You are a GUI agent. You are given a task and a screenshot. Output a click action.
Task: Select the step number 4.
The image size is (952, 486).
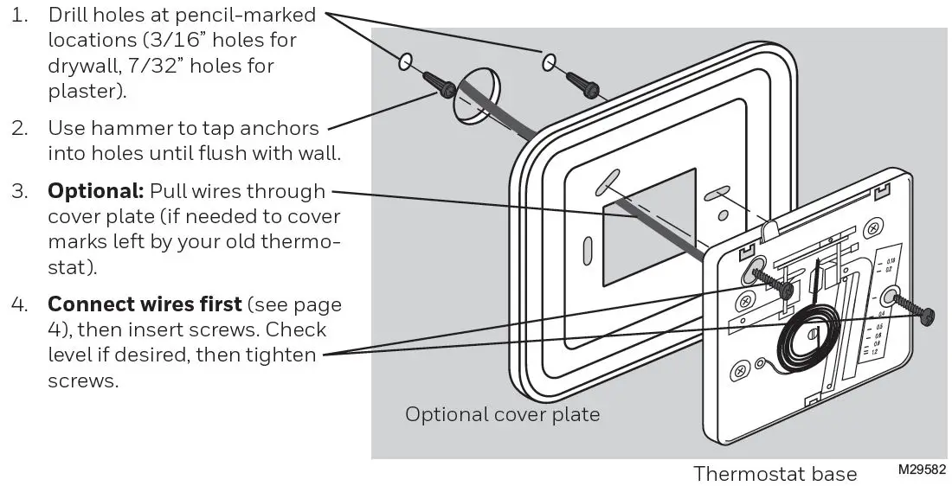(x=19, y=305)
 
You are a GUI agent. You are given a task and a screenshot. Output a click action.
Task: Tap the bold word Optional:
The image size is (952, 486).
(x=96, y=191)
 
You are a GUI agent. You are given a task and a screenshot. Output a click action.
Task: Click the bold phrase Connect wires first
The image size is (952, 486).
(x=145, y=305)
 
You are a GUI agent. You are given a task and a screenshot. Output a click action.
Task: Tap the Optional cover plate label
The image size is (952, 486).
(x=502, y=414)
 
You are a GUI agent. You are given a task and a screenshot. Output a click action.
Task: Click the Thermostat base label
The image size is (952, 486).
(x=775, y=474)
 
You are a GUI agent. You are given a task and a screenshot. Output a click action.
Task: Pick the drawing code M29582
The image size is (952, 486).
(x=922, y=469)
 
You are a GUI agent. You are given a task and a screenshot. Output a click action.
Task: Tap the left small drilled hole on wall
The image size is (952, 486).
(x=403, y=62)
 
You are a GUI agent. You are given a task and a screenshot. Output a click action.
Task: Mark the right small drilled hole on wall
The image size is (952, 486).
(x=549, y=62)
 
